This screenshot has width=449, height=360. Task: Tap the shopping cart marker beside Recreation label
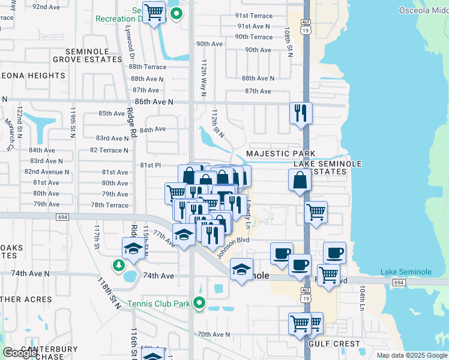pyautogui.click(x=154, y=11)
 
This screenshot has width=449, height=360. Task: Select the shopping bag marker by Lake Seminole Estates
pyautogui.click(x=300, y=179)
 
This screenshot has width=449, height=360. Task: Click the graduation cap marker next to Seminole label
pyautogui.click(x=241, y=269)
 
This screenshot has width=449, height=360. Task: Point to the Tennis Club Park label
pyautogui.click(x=159, y=304)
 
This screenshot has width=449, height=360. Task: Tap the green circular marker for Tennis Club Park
pyautogui.click(x=202, y=304)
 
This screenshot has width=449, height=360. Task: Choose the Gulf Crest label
pyautogui.click(x=334, y=344)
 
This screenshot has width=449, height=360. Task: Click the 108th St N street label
pyautogui.click(x=289, y=41)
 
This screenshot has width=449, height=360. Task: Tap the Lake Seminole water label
pyautogui.click(x=406, y=272)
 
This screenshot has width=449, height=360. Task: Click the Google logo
pyautogui.click(x=19, y=353)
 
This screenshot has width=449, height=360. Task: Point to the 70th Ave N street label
pyautogui.click(x=214, y=334)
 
